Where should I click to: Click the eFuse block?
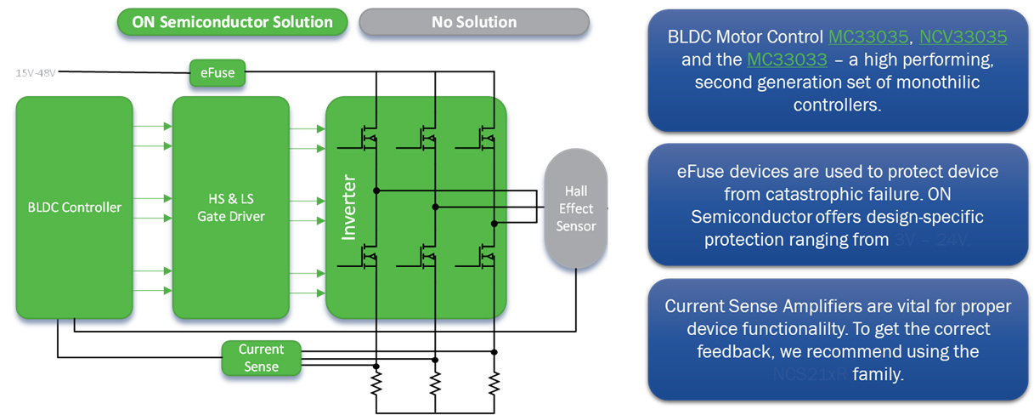(218, 73)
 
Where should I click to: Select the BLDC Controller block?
(74, 207)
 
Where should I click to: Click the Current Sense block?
(261, 357)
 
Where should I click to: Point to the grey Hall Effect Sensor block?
(575, 208)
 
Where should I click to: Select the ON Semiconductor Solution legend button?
(232, 22)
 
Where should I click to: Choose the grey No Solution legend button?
(473, 22)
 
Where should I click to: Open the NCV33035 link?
(963, 37)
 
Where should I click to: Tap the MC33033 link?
(786, 60)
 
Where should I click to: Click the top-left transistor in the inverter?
(370, 136)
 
